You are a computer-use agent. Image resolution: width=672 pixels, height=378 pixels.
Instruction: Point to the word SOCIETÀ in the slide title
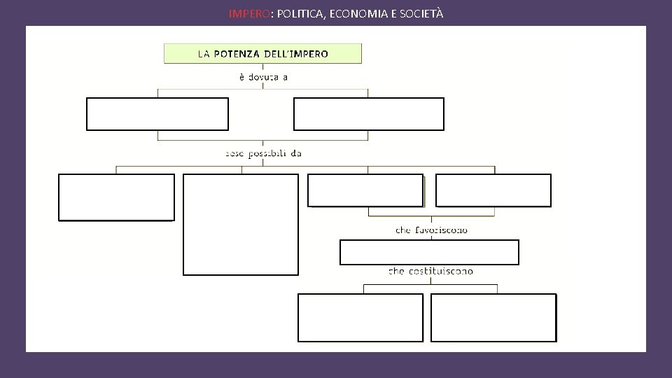(420, 13)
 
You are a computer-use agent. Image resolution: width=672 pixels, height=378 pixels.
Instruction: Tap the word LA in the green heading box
(204, 54)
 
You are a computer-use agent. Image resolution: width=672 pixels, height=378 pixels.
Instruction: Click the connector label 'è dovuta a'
(263, 77)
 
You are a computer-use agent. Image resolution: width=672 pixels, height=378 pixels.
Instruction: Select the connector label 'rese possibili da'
(263, 153)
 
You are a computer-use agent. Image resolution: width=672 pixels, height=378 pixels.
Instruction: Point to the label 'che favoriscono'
(432, 230)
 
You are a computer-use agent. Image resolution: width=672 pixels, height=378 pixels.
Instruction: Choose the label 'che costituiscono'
(430, 271)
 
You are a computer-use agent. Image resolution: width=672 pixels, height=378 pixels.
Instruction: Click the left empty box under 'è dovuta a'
(157, 114)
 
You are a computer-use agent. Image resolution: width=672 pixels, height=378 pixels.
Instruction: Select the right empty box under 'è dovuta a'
(369, 114)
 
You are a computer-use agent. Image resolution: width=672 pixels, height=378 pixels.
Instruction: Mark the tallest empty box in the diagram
(241, 224)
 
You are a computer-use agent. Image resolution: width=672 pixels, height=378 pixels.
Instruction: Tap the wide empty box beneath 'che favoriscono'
(429, 252)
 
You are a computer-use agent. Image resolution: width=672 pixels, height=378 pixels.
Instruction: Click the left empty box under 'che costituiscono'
(360, 317)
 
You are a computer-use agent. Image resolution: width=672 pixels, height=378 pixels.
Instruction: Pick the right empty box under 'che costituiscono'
(493, 317)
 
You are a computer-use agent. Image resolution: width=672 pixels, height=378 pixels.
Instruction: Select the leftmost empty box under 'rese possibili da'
(116, 197)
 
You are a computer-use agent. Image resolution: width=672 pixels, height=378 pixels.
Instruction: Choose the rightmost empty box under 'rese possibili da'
(493, 190)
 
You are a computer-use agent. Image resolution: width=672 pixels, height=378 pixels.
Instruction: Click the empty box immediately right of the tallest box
(365, 190)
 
